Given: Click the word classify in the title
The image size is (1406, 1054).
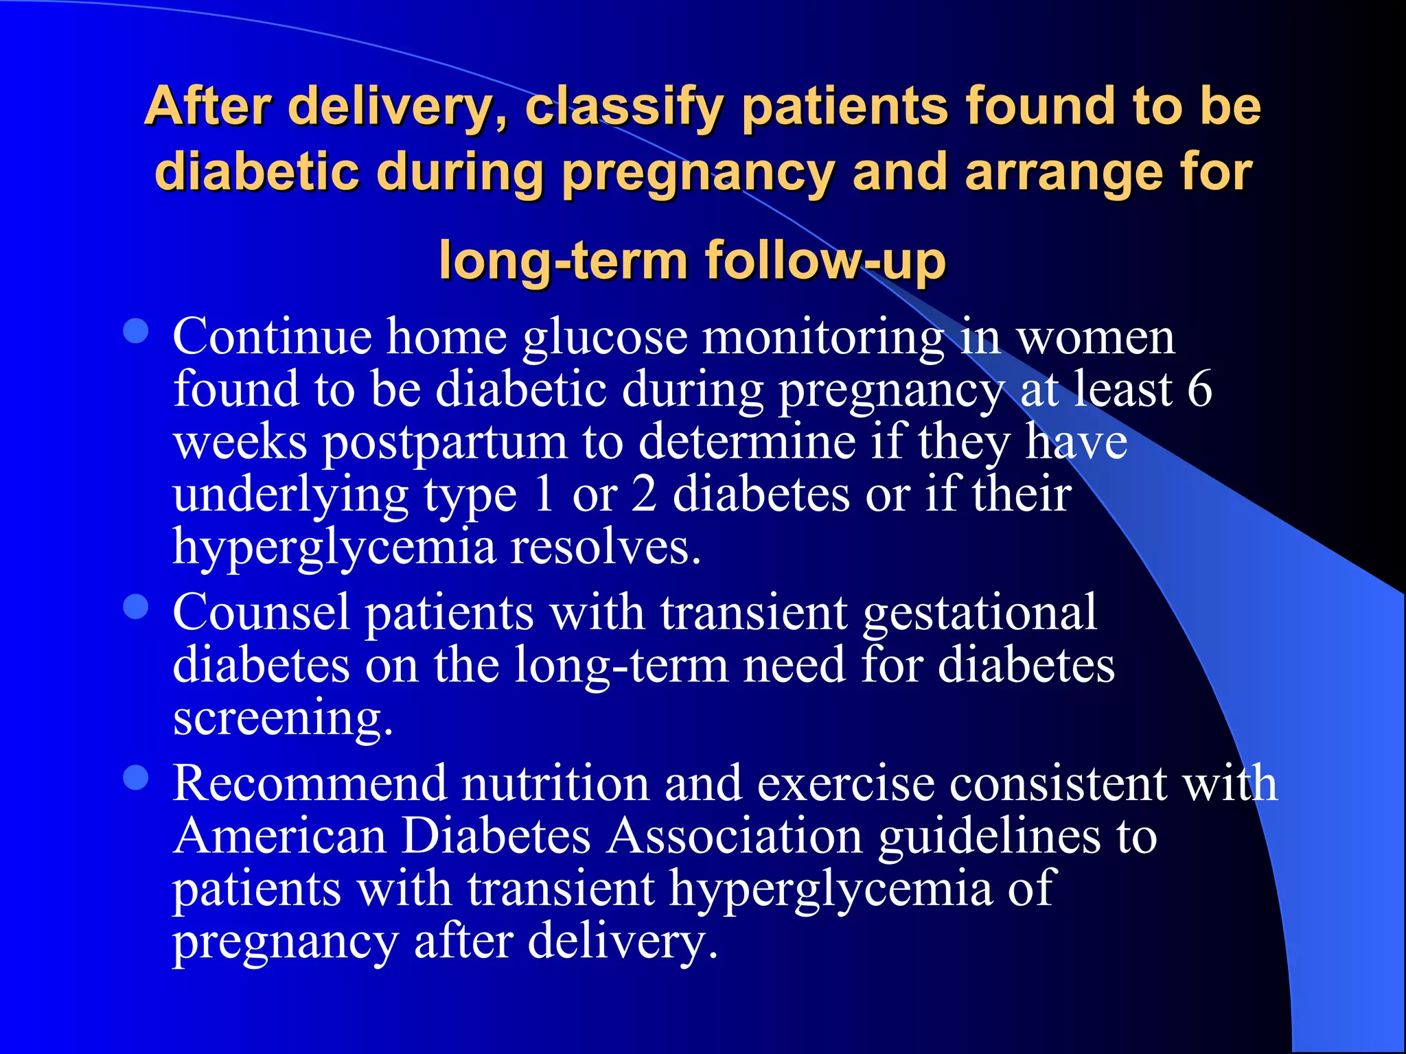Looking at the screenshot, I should [x=624, y=108].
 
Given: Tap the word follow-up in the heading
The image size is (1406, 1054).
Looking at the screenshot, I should [x=825, y=261].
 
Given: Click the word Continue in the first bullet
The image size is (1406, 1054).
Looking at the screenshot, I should [x=272, y=337].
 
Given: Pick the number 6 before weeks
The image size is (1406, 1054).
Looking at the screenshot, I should [x=1199, y=389].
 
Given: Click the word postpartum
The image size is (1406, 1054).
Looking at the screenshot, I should [x=444, y=443].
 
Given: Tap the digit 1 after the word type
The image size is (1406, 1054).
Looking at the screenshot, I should [x=544, y=494].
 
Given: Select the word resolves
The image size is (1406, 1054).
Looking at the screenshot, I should [x=606, y=548].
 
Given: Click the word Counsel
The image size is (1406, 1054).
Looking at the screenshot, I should [x=261, y=612].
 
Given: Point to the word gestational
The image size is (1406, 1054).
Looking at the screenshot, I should [x=980, y=613].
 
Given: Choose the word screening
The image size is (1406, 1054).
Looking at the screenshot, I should [x=281, y=718].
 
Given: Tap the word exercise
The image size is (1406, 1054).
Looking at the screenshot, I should [x=845, y=784].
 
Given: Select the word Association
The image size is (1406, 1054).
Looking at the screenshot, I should [x=734, y=836].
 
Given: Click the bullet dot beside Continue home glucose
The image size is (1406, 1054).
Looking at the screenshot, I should [x=136, y=331].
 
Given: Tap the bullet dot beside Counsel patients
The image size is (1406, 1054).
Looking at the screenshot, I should [x=136, y=607].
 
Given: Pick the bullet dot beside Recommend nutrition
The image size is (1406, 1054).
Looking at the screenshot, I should [x=136, y=778].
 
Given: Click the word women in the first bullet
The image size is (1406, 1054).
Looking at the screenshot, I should [x=1095, y=337].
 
